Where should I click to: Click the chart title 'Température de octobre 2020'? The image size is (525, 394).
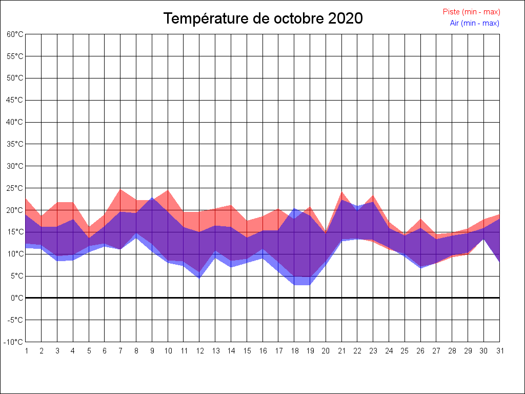tap(263, 18)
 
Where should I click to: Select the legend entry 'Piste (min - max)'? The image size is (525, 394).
tap(471, 12)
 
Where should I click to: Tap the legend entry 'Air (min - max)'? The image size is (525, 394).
tap(474, 23)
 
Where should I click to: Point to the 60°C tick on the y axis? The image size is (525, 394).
tap(15, 34)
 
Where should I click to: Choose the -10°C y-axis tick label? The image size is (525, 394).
tap(14, 342)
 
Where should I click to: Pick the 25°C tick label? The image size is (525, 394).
tap(15, 188)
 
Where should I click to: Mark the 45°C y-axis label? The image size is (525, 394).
tap(15, 100)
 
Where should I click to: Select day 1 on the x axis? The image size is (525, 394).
tap(26, 351)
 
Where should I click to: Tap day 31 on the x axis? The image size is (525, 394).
tap(499, 351)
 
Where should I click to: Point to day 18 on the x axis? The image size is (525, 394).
tap(294, 351)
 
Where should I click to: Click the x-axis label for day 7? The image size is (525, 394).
tap(120, 351)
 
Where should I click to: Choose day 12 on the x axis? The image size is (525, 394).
tap(199, 351)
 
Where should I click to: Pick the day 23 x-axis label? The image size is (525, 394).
tap(373, 351)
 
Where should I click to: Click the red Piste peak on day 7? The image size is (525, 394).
tap(120, 190)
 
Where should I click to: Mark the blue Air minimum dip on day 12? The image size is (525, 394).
tap(199, 278)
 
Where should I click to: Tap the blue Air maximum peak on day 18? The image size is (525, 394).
tap(294, 209)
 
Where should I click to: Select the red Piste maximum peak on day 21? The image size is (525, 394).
tap(341, 192)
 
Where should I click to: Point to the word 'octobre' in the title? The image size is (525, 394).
tap(297, 18)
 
